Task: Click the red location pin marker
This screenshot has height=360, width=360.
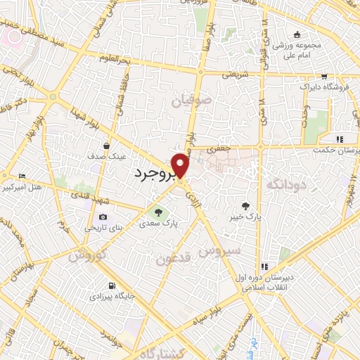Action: point(181,166)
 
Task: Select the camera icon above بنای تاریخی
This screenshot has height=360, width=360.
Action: point(103,217)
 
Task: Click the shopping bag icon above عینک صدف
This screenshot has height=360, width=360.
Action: point(105,146)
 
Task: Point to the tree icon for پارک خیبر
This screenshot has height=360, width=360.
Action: point(245,206)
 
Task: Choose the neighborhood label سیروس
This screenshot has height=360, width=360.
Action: point(219,250)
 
